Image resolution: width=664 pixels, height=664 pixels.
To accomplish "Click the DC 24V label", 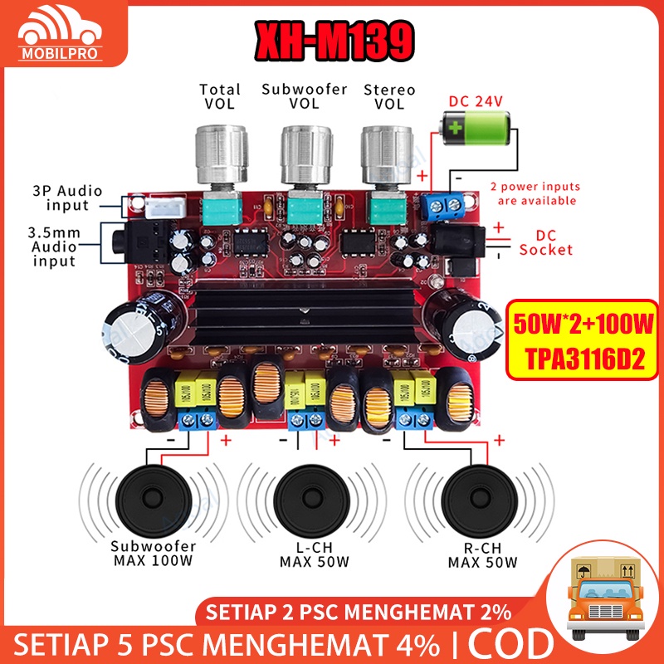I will coord(476,101).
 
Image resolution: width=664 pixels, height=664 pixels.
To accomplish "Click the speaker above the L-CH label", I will coord(314,497).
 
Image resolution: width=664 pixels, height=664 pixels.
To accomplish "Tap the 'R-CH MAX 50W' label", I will coord(483,555).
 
